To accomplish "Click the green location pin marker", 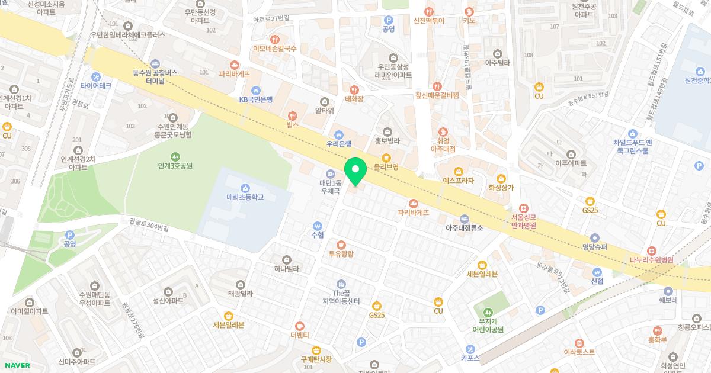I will click(x=355, y=171).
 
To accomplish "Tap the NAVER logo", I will click(x=17, y=365).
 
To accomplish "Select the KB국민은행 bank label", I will click(x=256, y=99).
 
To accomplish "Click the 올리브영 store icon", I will click(x=386, y=157).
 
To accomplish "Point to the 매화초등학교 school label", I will click(x=245, y=197).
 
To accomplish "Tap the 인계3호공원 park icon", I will click(x=175, y=156).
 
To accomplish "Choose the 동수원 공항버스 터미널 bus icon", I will click(x=155, y=64).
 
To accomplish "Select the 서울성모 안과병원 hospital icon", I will click(x=524, y=208).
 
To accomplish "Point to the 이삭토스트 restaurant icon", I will click(x=579, y=342).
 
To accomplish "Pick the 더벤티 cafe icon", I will click(x=300, y=326).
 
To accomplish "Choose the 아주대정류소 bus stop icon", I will click(x=465, y=218).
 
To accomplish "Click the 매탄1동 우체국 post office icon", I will click(x=331, y=172).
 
